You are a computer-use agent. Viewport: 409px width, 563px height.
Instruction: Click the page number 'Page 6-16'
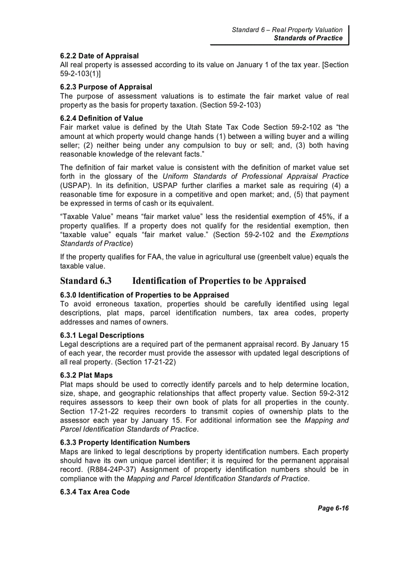pyautogui.click(x=333, y=508)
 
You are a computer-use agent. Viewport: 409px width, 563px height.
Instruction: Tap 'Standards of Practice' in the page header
pyautogui.click(x=308, y=38)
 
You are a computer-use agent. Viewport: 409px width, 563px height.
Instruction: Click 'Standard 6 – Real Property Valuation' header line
pyautogui.click(x=287, y=30)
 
